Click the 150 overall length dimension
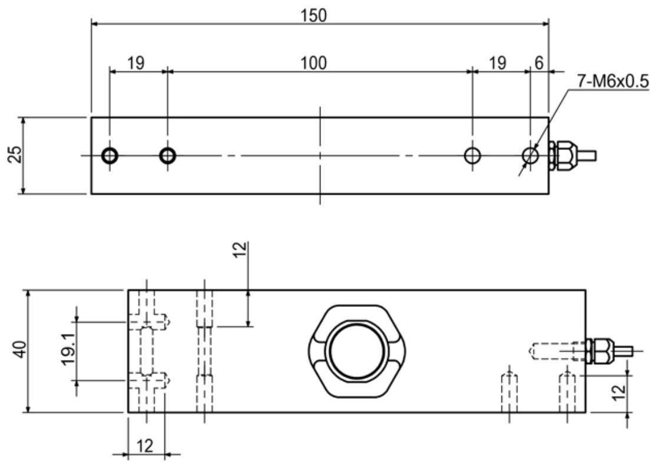(x=319, y=15)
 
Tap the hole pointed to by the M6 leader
(x=530, y=156)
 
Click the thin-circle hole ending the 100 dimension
(x=472, y=156)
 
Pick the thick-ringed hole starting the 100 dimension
(x=168, y=156)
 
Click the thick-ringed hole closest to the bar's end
(x=110, y=156)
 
